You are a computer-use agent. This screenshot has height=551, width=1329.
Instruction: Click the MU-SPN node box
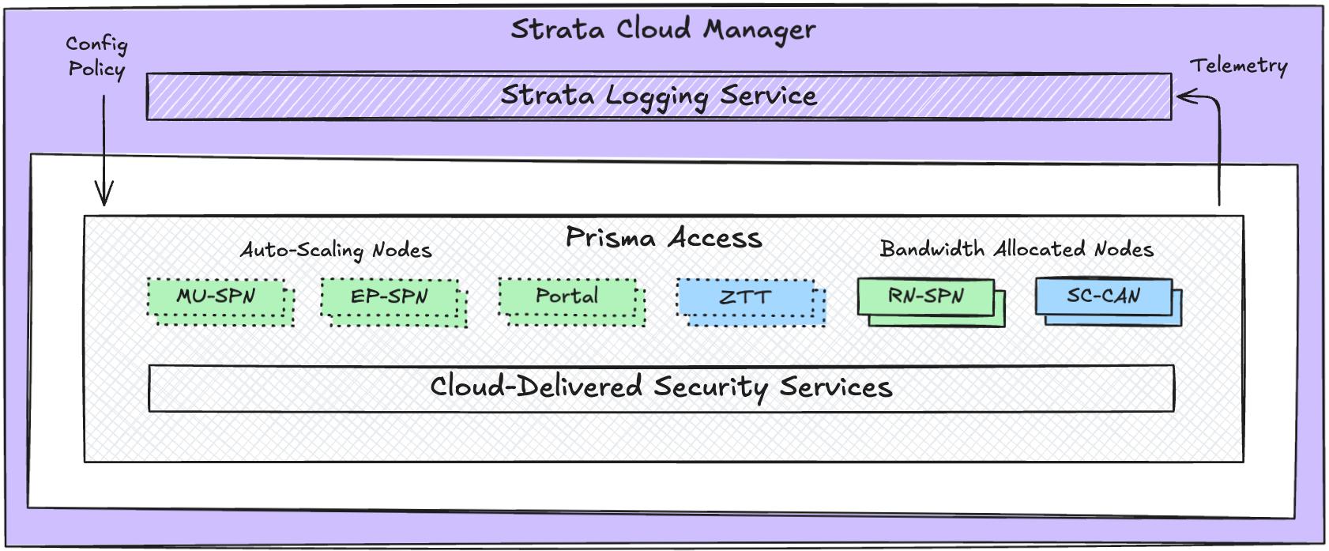216,297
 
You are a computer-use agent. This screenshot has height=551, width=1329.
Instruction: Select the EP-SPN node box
389,297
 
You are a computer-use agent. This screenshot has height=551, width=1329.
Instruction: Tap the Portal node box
567,296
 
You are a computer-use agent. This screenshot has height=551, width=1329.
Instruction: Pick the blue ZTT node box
745,298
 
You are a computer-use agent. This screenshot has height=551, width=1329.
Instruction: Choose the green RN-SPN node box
925,296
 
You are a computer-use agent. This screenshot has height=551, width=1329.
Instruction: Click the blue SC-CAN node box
1103,296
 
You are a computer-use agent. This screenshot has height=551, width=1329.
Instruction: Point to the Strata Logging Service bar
658,96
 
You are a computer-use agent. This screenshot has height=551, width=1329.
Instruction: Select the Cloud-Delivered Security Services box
661,387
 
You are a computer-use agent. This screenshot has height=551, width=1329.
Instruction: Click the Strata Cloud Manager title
663,30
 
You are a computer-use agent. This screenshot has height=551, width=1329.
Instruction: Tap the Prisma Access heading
664,238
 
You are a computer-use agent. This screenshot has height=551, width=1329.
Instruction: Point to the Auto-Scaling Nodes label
336,251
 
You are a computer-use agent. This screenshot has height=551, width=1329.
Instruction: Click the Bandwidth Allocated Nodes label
1016,250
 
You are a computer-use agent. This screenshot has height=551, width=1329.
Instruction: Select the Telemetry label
1238,66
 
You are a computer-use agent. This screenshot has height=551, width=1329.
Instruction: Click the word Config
96,44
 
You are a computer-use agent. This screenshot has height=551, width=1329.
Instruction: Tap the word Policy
96,70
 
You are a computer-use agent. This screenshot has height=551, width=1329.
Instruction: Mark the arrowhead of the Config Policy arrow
104,198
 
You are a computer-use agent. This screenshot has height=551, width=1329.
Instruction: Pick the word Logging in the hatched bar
657,96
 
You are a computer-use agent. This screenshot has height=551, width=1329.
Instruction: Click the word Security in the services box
710,387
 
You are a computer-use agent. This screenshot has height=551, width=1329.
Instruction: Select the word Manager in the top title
759,30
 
